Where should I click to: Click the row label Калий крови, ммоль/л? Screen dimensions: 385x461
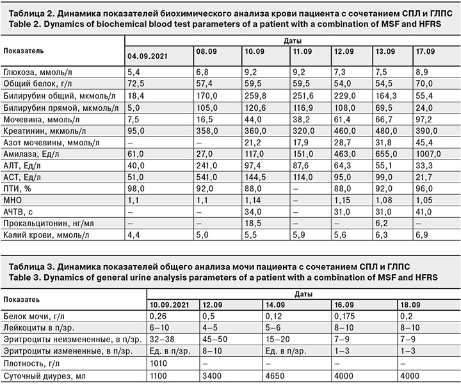point(44,234)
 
